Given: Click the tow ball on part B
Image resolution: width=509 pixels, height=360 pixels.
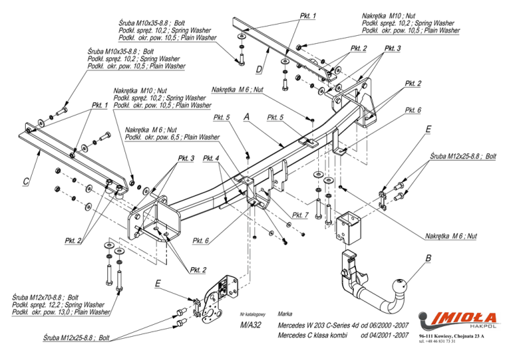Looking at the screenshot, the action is [399, 286].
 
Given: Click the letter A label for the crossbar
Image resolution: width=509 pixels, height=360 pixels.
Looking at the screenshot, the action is [247, 117].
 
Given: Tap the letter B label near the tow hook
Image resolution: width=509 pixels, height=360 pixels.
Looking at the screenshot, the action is [429, 259].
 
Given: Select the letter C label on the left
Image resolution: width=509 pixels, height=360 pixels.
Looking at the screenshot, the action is [26, 181].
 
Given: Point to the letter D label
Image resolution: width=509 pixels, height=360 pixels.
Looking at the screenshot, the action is [259, 69].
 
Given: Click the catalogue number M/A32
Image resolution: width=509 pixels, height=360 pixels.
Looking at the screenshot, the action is [251, 325].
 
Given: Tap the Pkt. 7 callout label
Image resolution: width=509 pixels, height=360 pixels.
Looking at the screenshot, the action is [300, 215].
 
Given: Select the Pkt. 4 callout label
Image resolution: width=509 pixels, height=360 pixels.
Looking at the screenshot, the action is [211, 158].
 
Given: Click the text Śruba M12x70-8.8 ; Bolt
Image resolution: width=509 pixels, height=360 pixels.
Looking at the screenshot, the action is [46, 298].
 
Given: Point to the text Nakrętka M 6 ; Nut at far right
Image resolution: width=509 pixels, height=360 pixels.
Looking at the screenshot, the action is [451, 236].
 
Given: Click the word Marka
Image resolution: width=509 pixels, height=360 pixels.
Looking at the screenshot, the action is [285, 314].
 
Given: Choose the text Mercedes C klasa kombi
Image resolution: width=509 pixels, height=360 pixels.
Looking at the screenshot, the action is [312, 335].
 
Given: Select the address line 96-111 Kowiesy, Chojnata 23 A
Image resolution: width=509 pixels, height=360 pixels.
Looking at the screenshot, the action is [451, 336].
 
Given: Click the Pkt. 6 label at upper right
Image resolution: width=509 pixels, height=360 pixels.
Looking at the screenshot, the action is [413, 110].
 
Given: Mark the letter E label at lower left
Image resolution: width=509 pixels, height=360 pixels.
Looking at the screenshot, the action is [158, 284].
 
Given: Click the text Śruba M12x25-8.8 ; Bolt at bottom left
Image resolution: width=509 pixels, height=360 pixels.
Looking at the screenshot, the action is [77, 338].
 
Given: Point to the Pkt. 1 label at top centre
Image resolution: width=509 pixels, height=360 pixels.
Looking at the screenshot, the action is [308, 16].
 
